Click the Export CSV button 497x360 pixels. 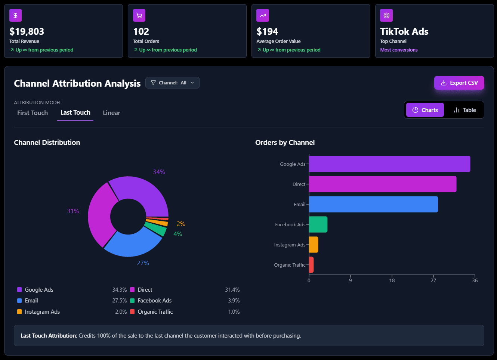tap(459, 83)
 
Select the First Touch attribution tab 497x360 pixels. tap(33, 113)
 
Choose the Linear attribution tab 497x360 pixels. tap(111, 113)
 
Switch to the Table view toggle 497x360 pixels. tap(464, 110)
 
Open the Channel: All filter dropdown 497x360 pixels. tap(172, 83)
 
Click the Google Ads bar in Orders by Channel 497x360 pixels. tap(389, 164)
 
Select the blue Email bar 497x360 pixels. tap(373, 204)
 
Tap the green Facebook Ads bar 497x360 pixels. tap(318, 224)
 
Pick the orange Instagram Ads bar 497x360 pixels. tap(314, 245)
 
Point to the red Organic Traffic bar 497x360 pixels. tap(311, 265)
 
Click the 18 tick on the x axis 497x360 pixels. tap(392, 280)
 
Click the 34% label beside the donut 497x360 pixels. tap(159, 172)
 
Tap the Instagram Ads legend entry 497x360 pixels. tap(42, 312)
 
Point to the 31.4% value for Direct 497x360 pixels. tap(232, 290)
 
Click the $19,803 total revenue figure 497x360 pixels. tap(27, 31)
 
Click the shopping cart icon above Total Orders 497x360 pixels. tap(139, 15)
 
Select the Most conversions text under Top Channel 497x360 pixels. tap(399, 50)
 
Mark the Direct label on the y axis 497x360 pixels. tap(299, 184)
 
